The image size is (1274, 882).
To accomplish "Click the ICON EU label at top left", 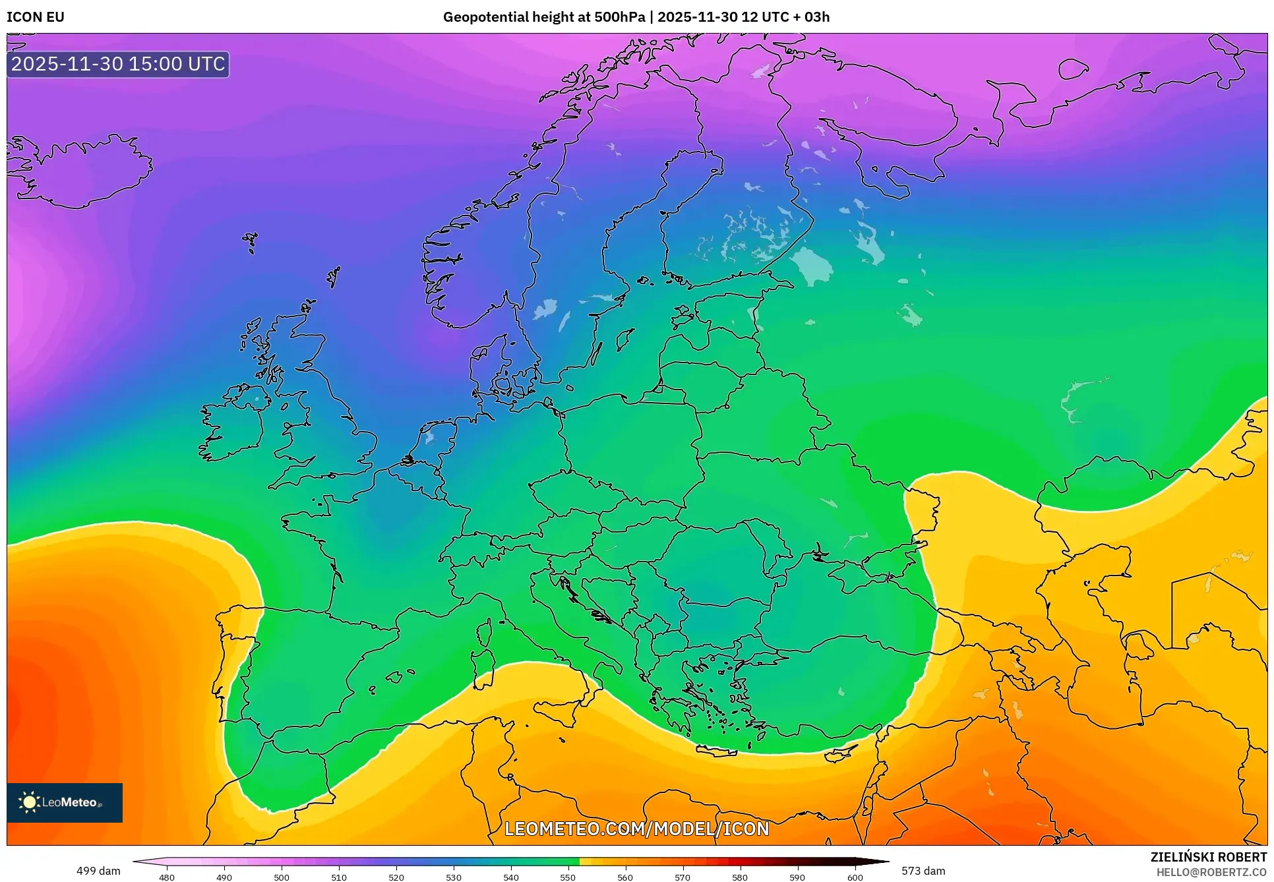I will [36, 17].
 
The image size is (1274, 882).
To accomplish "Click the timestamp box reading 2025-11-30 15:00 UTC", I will [118, 64].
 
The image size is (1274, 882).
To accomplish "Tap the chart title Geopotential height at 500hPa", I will [543, 17].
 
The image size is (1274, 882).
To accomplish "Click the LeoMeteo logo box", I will [65, 802].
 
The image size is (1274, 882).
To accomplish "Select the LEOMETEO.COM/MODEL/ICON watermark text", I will [636, 829].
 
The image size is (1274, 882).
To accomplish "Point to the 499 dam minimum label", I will [98, 871].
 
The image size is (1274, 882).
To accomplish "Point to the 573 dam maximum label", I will [923, 871].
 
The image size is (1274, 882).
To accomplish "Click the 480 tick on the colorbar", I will [167, 877].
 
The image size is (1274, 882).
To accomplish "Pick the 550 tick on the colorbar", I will [568, 877].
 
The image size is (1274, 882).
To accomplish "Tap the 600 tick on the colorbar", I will [855, 877].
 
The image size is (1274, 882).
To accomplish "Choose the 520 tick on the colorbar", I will [396, 877].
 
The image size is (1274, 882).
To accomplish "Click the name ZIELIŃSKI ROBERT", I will [1208, 858].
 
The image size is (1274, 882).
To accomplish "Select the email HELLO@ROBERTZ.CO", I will [1211, 872].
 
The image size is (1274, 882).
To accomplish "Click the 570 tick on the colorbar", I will [682, 877].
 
